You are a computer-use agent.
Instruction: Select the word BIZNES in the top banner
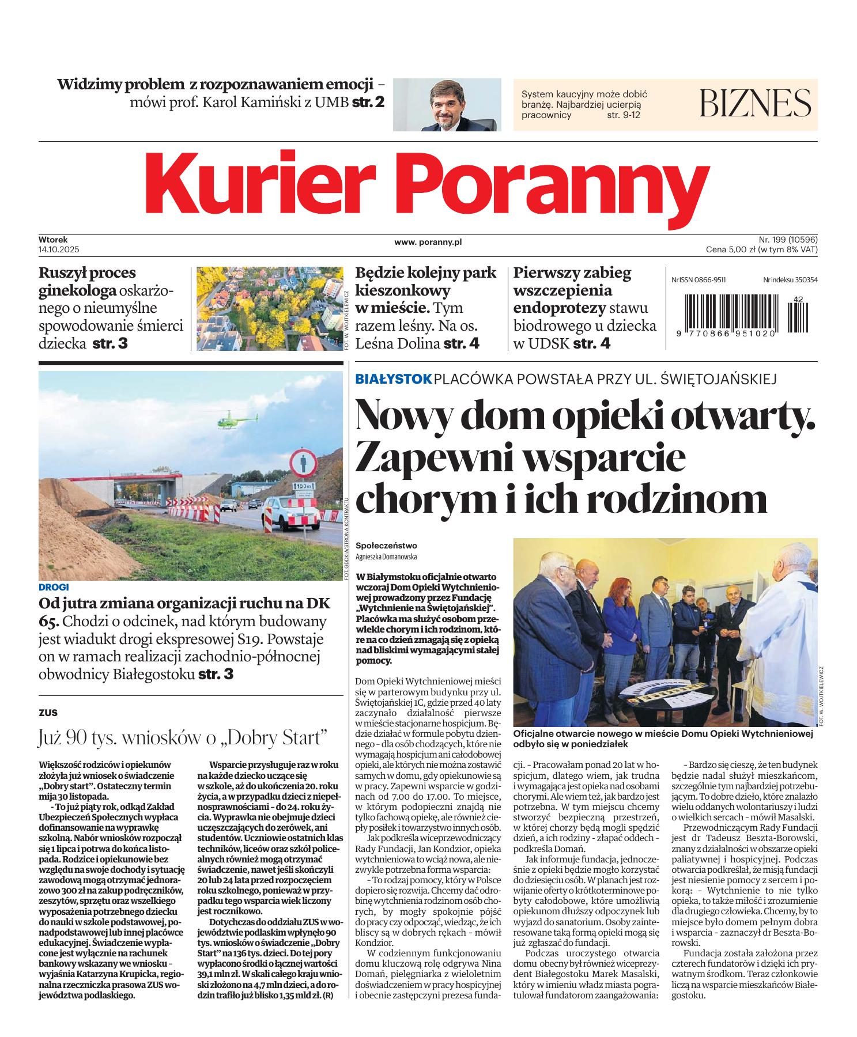click(x=755, y=104)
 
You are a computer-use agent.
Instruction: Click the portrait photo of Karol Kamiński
click(x=447, y=105)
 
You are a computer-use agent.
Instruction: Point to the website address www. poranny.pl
click(x=428, y=243)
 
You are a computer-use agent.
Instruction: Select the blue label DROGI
click(x=54, y=587)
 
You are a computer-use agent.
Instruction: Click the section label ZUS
click(x=48, y=713)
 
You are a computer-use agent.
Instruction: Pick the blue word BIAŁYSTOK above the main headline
click(x=393, y=379)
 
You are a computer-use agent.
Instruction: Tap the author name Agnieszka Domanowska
click(x=386, y=557)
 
